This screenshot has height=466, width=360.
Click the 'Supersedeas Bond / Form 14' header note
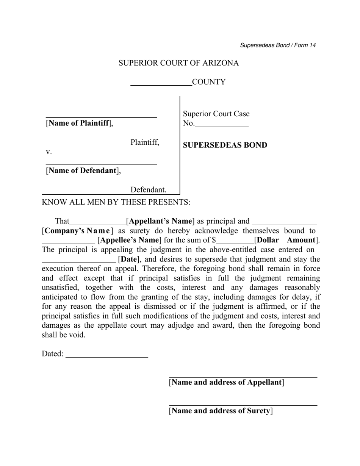tap(278, 45)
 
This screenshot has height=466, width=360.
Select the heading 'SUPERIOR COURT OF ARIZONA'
tap(178, 63)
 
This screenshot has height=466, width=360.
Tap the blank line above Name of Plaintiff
tap(101, 117)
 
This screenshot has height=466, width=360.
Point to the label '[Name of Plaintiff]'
tap(79, 124)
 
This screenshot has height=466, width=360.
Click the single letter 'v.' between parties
tap(49, 152)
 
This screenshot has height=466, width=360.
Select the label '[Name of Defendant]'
tap(83, 171)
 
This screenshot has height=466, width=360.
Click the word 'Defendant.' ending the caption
tap(148, 190)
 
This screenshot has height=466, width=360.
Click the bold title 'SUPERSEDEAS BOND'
tap(225, 145)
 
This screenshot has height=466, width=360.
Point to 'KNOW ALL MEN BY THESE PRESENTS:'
tap(116, 202)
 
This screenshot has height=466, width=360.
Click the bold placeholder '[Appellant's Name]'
tap(160, 221)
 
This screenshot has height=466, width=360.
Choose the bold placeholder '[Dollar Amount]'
tap(287, 240)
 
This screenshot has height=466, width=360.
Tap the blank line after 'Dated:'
tap(107, 357)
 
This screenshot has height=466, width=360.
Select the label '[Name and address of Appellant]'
tap(227, 382)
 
